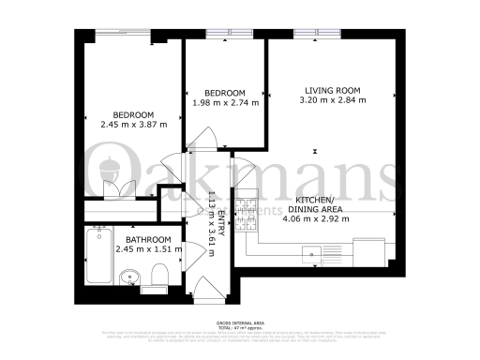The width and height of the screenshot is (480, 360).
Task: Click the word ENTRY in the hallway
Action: tap(223, 228)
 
